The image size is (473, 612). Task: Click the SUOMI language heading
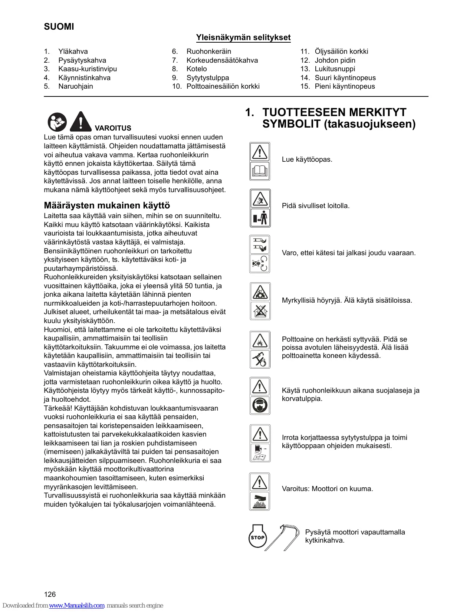[x=59, y=27]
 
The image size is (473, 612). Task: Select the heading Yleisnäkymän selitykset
[x=243, y=37]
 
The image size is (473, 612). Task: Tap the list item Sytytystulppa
[x=207, y=78]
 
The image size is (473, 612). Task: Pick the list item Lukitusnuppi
[x=335, y=69]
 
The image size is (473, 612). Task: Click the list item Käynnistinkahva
[x=84, y=78]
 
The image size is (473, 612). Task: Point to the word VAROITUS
[x=113, y=128]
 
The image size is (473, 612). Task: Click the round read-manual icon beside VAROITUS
[x=57, y=122]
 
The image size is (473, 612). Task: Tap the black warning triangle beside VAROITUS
[x=81, y=122]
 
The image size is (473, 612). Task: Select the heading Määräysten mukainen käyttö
[x=107, y=205]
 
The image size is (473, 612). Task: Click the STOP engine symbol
[x=257, y=537]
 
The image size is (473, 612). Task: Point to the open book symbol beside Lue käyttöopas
[x=260, y=171]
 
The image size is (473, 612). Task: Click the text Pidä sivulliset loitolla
[x=315, y=206]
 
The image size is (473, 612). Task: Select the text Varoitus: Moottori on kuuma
[x=327, y=489]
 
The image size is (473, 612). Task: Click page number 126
[x=50, y=595]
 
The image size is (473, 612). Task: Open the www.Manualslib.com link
[x=77, y=606]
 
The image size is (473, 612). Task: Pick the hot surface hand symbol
[x=260, y=501]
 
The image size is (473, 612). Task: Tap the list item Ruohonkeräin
[x=208, y=52]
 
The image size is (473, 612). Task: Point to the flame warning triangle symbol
[x=260, y=340]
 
